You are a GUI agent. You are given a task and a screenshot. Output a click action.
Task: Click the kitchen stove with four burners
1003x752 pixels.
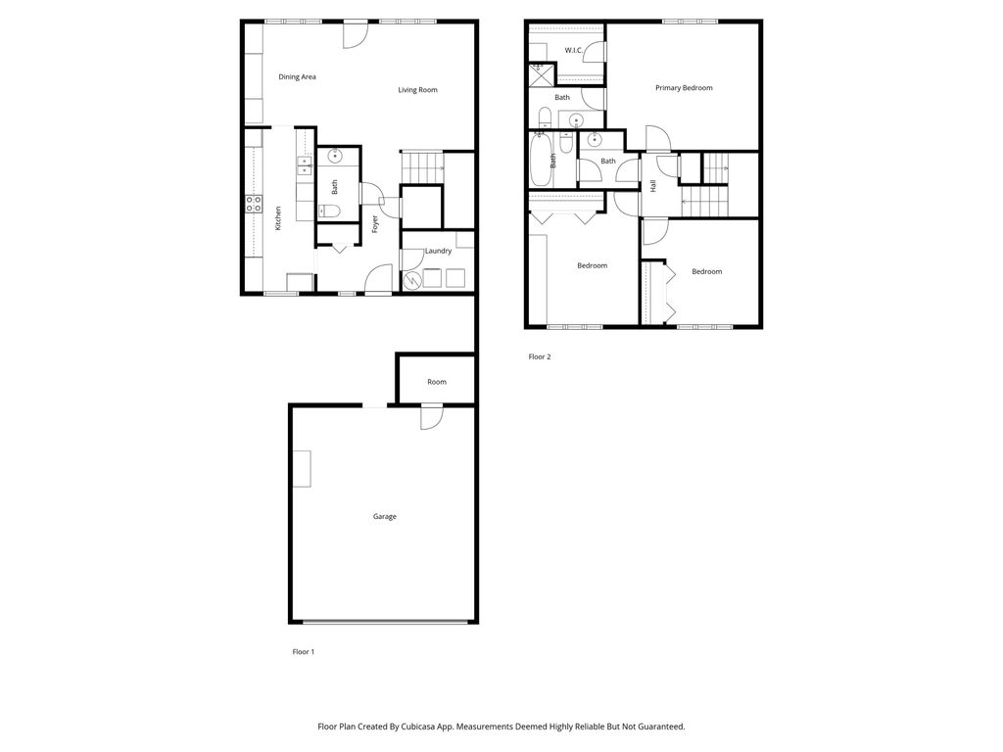tap(253, 204)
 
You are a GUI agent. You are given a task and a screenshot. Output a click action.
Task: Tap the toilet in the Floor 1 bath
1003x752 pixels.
tap(330, 211)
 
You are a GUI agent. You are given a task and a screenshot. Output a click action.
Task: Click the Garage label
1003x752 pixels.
tap(385, 516)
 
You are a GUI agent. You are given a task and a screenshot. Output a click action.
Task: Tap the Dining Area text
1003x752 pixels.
tap(297, 76)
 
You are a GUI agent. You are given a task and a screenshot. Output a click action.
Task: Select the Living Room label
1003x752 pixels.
tap(417, 90)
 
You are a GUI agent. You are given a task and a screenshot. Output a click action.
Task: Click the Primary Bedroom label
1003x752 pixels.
tap(684, 88)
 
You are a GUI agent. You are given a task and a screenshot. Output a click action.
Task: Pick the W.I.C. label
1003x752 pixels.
tap(574, 50)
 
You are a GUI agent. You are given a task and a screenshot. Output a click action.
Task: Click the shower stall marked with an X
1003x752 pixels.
tap(537, 70)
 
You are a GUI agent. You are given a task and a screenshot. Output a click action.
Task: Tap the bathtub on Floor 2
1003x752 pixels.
tap(541, 161)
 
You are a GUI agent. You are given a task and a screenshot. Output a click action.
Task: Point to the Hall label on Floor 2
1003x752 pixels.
tap(652, 185)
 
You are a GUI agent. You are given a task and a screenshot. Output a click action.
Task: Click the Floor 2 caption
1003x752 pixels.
tap(540, 356)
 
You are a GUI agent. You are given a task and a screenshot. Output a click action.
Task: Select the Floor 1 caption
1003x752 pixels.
tap(304, 651)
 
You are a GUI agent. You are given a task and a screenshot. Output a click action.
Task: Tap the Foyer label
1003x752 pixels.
tap(375, 224)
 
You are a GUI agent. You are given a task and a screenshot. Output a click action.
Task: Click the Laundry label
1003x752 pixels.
tap(438, 251)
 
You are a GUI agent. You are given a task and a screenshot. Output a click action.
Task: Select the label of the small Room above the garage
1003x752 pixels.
tap(437, 382)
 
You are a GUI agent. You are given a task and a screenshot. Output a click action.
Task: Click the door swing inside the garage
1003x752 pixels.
tap(431, 419)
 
